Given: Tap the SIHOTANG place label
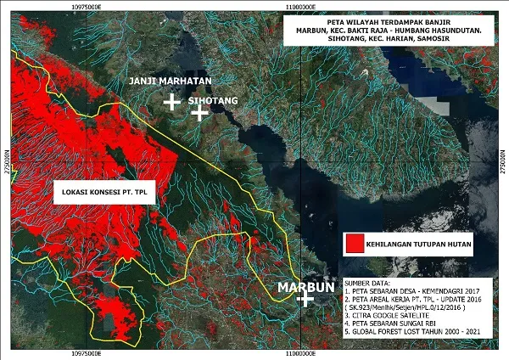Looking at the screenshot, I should [x=212, y=99].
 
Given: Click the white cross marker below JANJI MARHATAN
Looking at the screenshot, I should [x=171, y=102].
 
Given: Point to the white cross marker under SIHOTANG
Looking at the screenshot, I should [x=199, y=113].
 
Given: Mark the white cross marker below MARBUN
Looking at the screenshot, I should [x=301, y=301].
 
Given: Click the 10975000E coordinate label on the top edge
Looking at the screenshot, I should [x=92, y=6].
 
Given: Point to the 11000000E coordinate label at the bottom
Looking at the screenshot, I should [x=304, y=353].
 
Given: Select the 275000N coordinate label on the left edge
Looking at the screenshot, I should [x=6, y=157].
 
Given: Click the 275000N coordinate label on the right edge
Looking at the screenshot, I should [x=503, y=157].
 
